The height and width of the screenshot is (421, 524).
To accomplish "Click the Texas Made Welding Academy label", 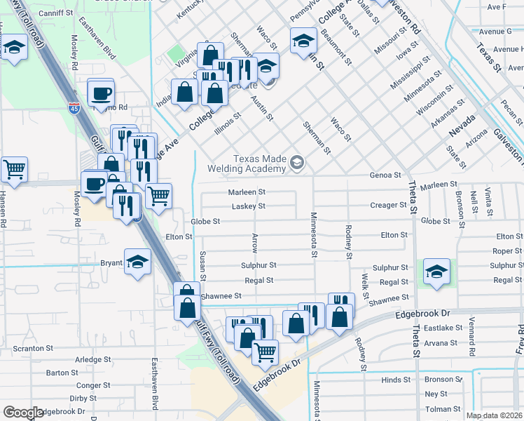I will pos(251,163).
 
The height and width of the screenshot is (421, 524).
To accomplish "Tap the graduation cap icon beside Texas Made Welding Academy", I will pos(297,163).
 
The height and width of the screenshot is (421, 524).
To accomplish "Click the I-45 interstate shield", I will pos(74,108).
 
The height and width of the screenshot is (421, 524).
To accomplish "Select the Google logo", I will pos(23,413).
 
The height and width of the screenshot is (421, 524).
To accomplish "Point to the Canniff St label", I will pos(56,13).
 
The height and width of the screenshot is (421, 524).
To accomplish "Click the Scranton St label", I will pos(34,348).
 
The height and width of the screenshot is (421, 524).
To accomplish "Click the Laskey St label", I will pos(249,206).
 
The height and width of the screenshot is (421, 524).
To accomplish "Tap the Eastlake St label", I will pos(441,328).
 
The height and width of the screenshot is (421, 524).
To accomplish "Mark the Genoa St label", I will pos(386,175).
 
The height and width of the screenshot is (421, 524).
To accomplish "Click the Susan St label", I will pos(202,266).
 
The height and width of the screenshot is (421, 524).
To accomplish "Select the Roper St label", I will pos(507,251).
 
